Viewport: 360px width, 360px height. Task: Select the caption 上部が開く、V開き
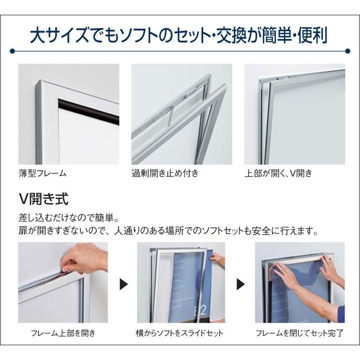point(279,174)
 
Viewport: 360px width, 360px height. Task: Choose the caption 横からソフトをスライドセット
point(180,333)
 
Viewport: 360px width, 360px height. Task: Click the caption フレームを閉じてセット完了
point(299,333)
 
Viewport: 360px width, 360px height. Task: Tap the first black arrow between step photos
point(124,285)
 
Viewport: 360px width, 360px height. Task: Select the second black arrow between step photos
point(241,285)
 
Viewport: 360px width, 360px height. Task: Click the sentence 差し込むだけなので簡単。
point(69,217)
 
